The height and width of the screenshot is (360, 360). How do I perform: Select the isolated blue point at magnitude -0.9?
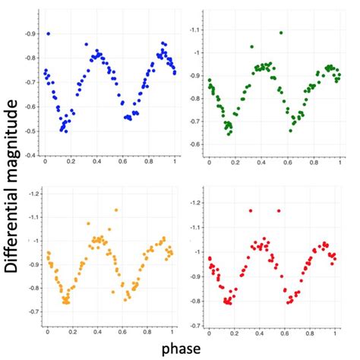(x=49, y=33)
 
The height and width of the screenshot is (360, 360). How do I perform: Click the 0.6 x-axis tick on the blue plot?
(x=123, y=163)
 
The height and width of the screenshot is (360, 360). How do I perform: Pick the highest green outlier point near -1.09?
(x=281, y=33)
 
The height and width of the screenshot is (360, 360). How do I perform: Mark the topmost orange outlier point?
(x=116, y=210)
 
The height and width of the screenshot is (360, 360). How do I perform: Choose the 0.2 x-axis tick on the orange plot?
(x=73, y=331)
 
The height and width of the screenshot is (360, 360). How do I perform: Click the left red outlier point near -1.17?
(x=250, y=210)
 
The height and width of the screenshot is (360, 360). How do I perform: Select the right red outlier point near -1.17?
(x=279, y=210)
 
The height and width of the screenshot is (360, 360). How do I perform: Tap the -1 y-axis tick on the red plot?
(x=200, y=251)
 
